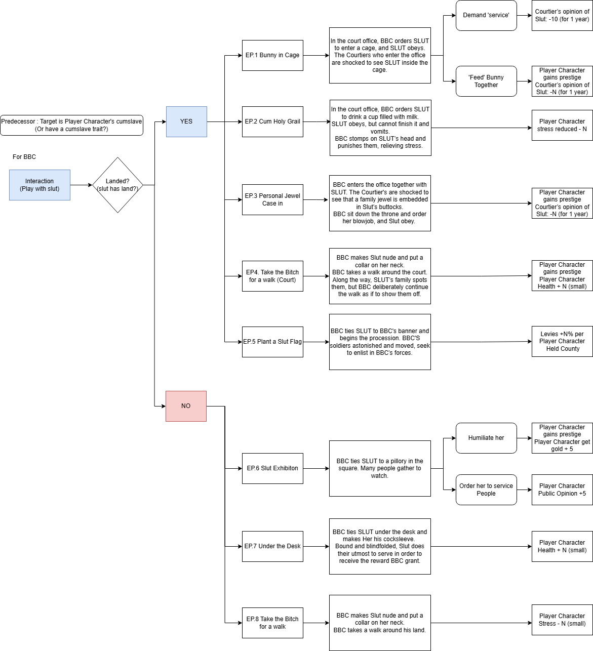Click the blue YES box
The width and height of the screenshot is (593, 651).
pos(186,121)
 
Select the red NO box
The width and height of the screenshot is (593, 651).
pos(186,406)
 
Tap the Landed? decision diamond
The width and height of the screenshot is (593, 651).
pos(118,185)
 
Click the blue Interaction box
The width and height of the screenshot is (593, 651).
pos(39,185)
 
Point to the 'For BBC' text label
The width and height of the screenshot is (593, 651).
pos(24,157)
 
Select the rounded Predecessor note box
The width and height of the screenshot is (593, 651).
pos(72,125)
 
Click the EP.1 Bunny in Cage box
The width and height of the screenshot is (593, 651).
pos(272,56)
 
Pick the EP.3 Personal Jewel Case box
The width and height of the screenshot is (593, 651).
pos(272,199)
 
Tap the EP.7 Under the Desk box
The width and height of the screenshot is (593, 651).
pos(272,547)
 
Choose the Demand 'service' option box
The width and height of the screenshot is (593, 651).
pos(486,16)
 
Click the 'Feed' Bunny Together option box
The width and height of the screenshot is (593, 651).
pos(486,81)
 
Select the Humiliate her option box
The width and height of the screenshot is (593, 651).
pos(486,438)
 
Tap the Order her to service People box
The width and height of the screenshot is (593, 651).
pos(486,490)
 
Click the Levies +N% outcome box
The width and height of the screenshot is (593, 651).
pos(562,341)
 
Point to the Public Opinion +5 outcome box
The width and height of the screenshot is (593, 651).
pos(562,490)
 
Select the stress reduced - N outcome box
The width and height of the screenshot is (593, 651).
pos(562,125)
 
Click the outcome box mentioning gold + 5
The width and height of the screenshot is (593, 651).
pos(562,438)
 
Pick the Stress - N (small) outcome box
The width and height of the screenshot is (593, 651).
pos(562,620)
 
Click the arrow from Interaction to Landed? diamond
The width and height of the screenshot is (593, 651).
pos(81,185)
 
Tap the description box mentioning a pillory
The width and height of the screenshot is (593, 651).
pos(380,469)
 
